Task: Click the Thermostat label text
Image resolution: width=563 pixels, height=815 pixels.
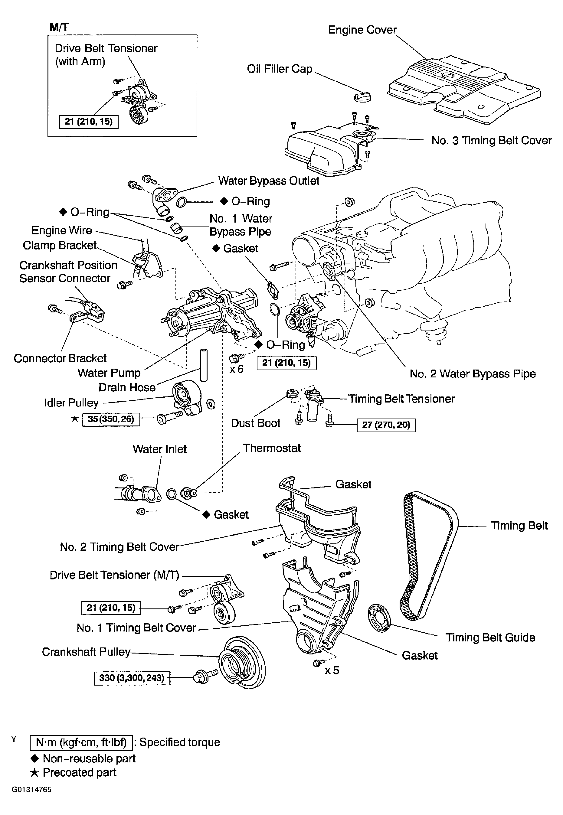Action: (272, 448)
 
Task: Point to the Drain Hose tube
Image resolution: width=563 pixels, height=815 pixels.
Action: (204, 365)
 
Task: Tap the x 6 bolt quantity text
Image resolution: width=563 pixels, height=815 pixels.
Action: (236, 369)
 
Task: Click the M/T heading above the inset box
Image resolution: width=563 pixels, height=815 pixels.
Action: (59, 27)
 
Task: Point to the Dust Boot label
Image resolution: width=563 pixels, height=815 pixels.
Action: (255, 423)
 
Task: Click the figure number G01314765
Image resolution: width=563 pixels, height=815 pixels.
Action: (31, 790)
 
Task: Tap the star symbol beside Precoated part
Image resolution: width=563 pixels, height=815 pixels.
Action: (34, 773)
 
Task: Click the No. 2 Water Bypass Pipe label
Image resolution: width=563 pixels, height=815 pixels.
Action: (473, 374)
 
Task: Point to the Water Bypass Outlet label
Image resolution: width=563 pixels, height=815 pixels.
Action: (269, 181)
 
